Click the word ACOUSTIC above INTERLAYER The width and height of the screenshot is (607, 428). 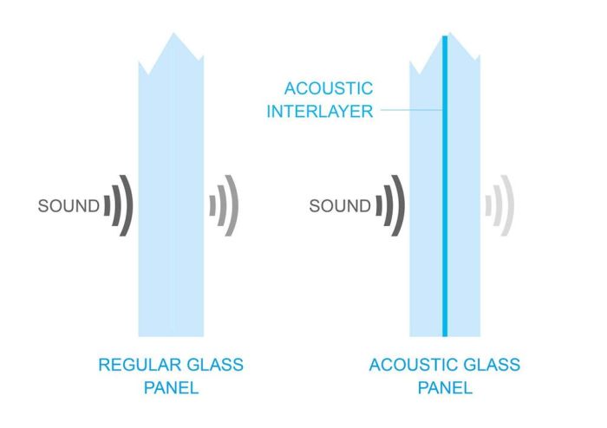tap(329, 89)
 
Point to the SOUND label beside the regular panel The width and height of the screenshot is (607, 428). tap(69, 206)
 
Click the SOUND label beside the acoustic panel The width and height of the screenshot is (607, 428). tap(340, 206)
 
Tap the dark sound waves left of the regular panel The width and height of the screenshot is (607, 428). tap(119, 206)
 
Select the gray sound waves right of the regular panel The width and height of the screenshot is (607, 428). tap(225, 206)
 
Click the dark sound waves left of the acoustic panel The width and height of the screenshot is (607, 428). tap(391, 206)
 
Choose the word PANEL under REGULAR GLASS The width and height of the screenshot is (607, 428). tap(172, 387)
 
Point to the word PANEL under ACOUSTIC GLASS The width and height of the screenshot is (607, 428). tap(445, 387)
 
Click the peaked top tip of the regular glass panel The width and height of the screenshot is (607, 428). tap(173, 35)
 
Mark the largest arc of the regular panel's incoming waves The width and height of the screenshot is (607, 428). tap(128, 206)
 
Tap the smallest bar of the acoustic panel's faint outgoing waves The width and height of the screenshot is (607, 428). tap(488, 206)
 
